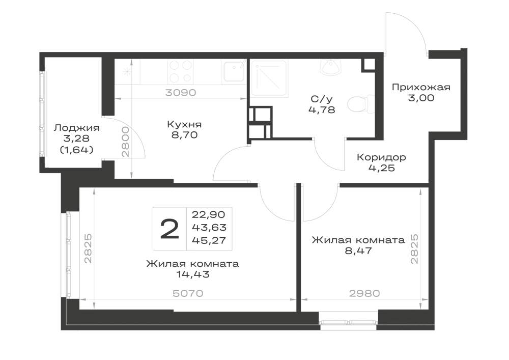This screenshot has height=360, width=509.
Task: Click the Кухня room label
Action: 184,124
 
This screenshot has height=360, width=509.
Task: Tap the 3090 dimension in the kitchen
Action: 181,93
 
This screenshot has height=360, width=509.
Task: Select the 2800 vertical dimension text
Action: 126,142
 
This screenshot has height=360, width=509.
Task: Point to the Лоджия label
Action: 77,128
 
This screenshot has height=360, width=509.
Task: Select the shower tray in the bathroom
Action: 269,78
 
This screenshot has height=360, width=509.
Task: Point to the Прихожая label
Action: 421,87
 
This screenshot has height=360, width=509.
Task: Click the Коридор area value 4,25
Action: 381,168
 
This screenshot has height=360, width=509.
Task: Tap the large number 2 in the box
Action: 169,229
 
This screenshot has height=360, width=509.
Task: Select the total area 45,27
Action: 209,240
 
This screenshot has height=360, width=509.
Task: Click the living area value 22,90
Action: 209,214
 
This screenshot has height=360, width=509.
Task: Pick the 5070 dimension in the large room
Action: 188,293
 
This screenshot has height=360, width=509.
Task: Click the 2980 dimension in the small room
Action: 364,293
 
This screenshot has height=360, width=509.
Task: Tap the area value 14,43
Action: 193,274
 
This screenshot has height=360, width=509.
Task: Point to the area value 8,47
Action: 358,251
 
